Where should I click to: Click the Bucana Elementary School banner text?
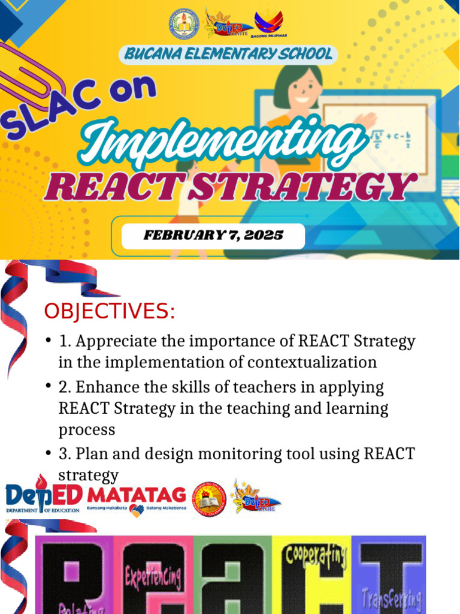click(228, 54)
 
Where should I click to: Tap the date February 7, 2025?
click(213, 235)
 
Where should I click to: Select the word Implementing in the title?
click(222, 142)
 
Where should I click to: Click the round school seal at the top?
click(183, 23)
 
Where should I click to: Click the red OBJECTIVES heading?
click(109, 312)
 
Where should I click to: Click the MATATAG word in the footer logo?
click(137, 495)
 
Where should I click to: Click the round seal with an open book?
click(209, 499)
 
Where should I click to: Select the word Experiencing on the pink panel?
click(153, 577)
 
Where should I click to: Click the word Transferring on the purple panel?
click(392, 597)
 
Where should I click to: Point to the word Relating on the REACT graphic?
click(78, 607)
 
